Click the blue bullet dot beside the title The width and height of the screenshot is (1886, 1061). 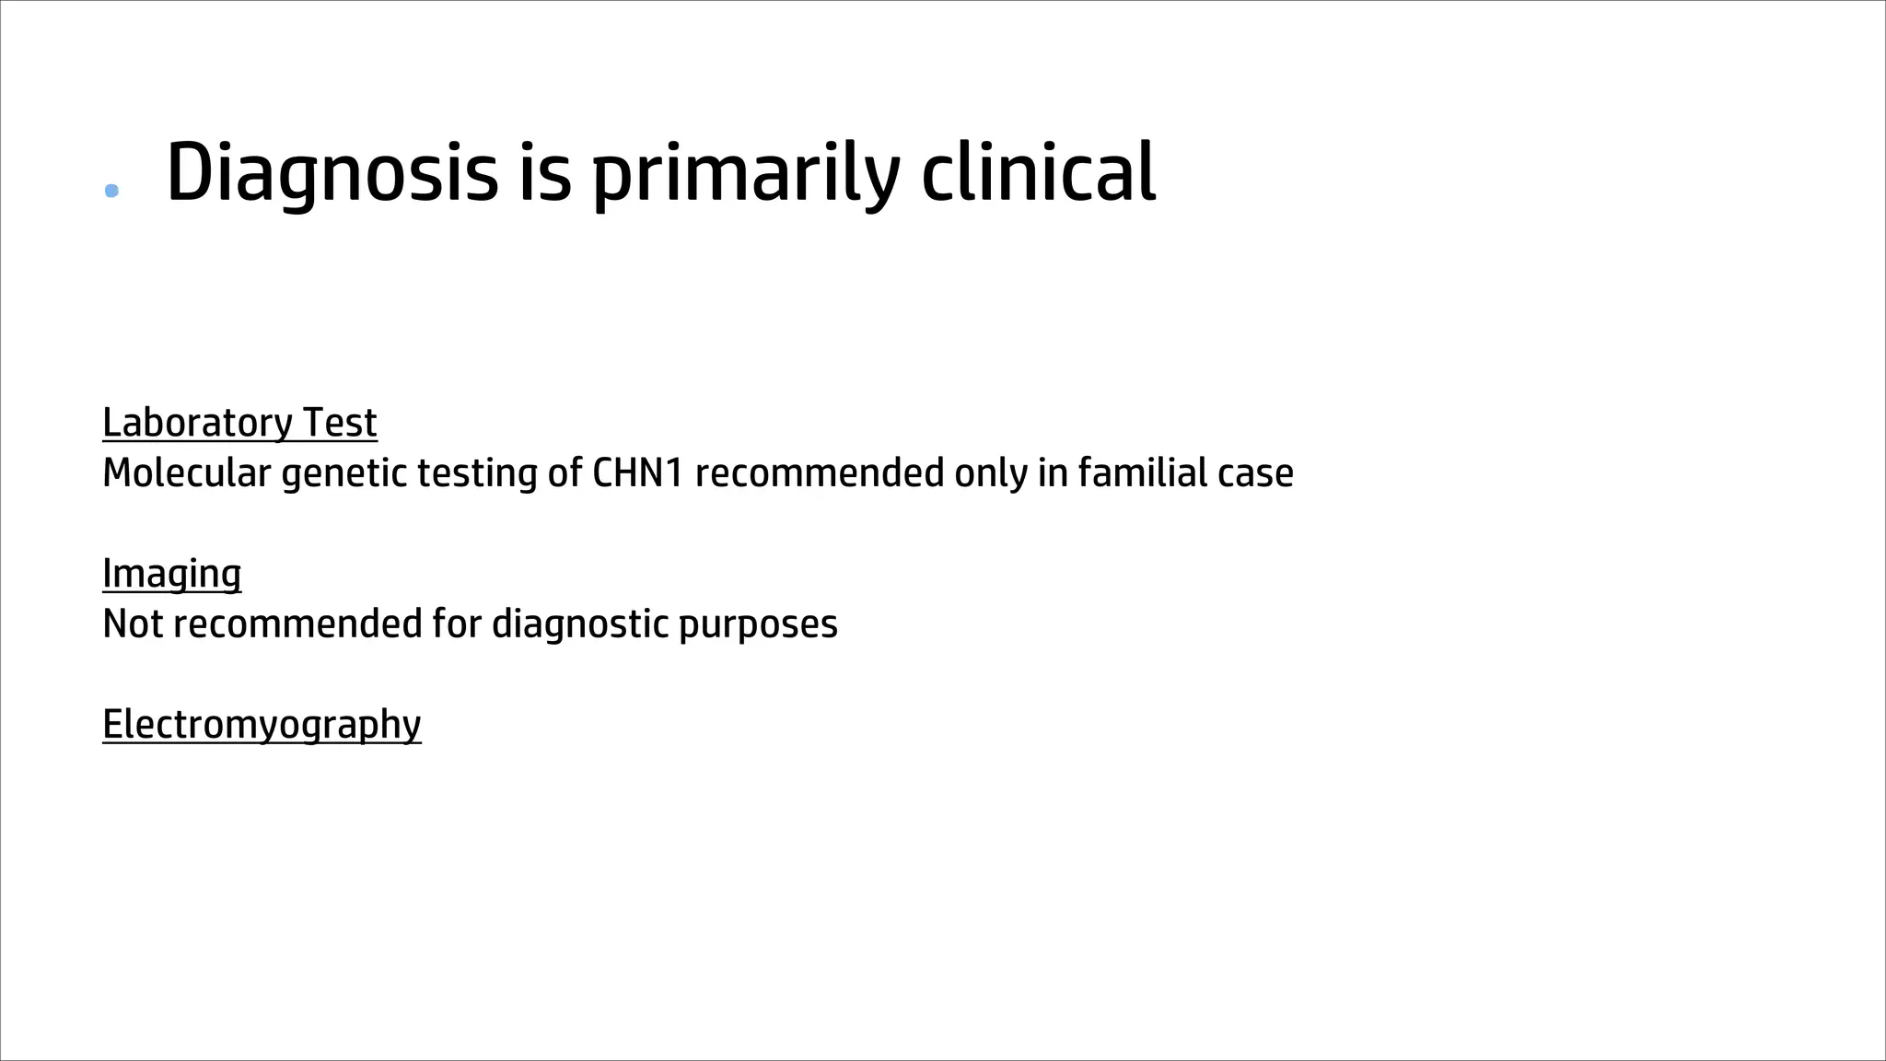point(112,191)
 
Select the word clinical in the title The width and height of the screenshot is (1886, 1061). point(1038,173)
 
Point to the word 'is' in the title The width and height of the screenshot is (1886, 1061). point(544,173)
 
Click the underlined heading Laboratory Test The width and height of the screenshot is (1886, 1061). point(239,423)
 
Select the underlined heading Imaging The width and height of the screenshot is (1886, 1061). point(172,574)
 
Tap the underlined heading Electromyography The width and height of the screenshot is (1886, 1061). point(262,725)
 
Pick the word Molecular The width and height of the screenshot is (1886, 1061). point(187,473)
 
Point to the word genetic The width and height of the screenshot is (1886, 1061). point(343,473)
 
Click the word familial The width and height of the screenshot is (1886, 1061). point(1142,473)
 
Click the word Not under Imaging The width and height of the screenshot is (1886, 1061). point(133,624)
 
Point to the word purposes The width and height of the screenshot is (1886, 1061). point(758,624)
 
